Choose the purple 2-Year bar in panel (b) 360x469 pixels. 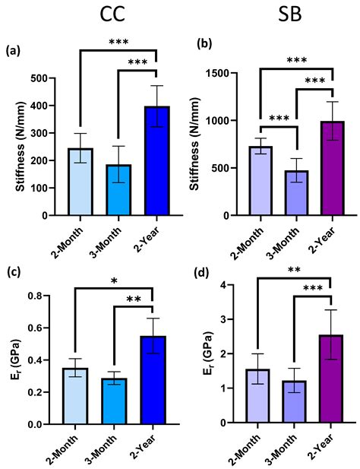[332, 168]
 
